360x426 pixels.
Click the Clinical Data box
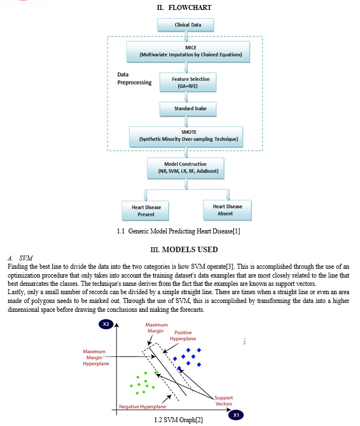186,25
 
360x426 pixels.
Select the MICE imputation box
188,52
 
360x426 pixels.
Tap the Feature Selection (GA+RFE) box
188,82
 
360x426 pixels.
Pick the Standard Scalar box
188,109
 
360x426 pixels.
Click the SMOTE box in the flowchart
186,137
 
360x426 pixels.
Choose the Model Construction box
186,168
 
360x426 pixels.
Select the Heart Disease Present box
145,211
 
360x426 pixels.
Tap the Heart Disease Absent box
228,210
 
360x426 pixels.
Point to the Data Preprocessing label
135,78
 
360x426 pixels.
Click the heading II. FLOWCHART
184,8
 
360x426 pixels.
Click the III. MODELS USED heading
184,249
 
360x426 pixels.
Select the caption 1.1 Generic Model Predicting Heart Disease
179,231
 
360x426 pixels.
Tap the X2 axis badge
106,324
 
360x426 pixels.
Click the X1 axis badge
236,415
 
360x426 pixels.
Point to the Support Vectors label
223,401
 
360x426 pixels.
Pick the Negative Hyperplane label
143,407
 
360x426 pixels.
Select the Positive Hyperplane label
182,336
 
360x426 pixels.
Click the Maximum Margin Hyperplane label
96,358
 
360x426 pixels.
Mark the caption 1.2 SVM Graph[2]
179,420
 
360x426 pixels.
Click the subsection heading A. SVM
20,258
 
